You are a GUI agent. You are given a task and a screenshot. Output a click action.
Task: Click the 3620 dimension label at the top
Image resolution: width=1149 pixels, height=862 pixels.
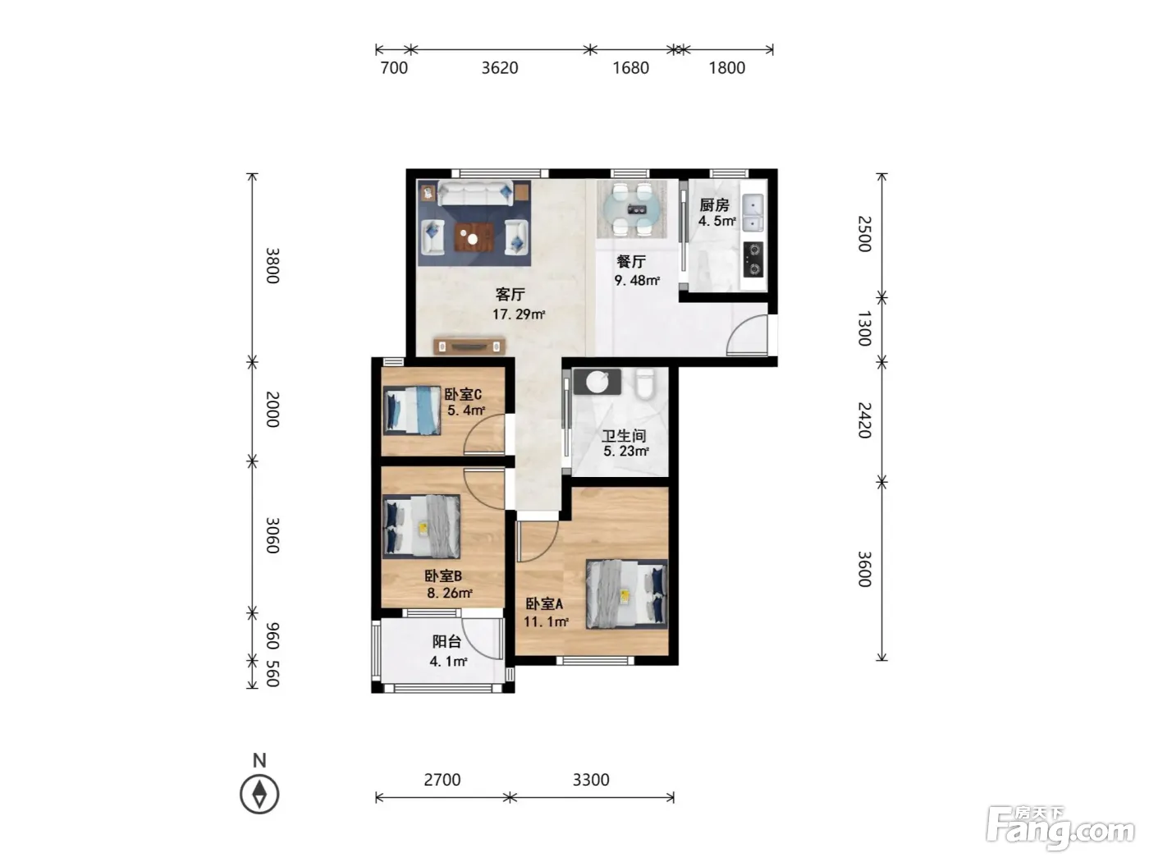tap(499, 68)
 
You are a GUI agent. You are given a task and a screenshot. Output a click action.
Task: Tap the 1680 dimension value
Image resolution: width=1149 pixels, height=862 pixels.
tap(630, 68)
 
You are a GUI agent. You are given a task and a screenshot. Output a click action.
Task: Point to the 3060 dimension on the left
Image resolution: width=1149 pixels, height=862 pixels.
tap(272, 535)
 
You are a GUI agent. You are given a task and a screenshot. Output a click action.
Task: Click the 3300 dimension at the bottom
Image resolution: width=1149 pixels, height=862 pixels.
tap(590, 779)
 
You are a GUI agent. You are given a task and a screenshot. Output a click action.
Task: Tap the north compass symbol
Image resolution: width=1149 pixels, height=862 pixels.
tap(259, 794)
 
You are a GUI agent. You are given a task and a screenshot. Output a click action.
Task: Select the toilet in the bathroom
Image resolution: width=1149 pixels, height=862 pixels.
tap(645, 383)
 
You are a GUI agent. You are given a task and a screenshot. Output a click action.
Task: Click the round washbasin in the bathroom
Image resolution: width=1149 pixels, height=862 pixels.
tap(597, 382)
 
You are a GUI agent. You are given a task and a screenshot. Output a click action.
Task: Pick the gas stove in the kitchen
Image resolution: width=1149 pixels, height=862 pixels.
tap(753, 259)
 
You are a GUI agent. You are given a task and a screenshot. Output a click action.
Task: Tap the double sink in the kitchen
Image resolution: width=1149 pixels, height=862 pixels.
tap(753, 213)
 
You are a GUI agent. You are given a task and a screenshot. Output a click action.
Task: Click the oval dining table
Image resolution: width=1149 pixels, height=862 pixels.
tap(632, 209)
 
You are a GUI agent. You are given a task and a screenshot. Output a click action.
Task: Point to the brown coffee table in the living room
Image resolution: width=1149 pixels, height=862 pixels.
tap(474, 237)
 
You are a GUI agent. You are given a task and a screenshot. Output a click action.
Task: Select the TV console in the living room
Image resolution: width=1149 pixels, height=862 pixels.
tap(469, 346)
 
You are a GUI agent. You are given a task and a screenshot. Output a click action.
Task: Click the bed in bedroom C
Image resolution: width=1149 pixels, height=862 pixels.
tap(412, 410)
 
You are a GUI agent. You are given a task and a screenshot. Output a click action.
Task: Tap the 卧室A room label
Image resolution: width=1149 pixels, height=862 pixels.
tap(544, 603)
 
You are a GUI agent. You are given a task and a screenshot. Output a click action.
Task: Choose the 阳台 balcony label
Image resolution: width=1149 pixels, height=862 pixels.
tap(446, 642)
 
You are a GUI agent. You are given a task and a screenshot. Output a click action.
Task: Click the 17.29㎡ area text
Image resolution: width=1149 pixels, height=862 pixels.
tap(518, 314)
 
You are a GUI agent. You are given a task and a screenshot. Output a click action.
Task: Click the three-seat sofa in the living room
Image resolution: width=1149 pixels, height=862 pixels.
tap(475, 193)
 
